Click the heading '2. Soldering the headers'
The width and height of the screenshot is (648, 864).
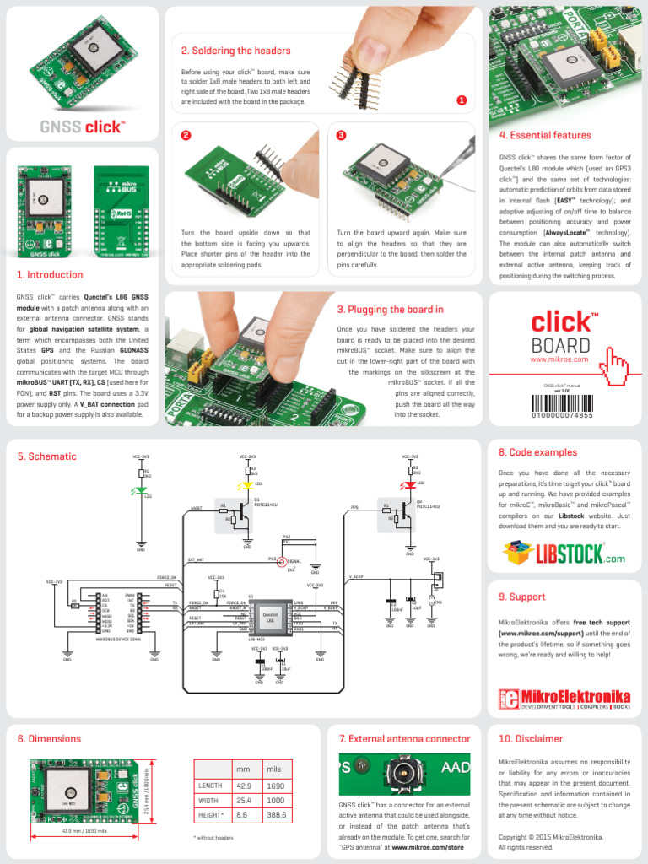235,51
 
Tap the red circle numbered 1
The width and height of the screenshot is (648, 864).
462,100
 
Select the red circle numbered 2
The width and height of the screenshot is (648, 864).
186,135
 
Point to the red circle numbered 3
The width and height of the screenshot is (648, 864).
341,135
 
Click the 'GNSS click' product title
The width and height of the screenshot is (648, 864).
82,127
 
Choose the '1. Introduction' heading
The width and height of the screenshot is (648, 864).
50,274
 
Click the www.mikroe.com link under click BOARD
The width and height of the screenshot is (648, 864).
558,359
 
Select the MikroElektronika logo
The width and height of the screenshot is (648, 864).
564,699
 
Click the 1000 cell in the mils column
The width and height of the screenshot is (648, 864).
276,801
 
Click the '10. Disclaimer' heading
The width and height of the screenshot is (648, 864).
530,738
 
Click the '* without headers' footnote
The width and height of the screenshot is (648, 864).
213,838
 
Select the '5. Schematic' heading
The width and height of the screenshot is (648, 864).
46,456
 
